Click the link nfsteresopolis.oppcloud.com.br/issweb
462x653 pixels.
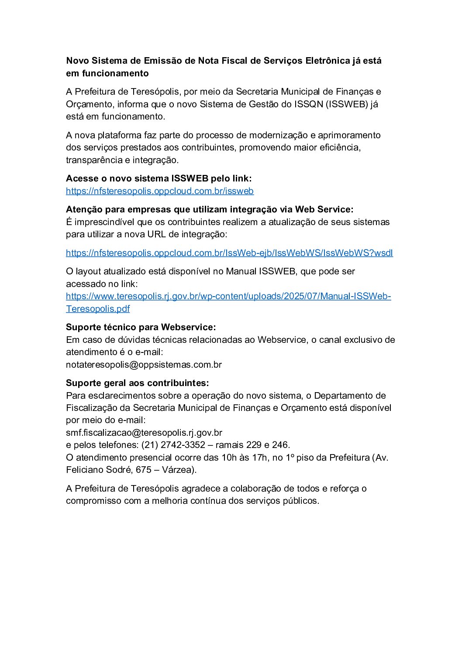tap(159, 191)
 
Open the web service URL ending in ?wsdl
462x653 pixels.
tap(229, 253)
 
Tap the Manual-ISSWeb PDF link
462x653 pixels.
tap(228, 296)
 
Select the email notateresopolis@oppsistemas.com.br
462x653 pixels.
tap(144, 365)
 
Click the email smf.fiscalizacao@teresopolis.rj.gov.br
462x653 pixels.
tap(144, 433)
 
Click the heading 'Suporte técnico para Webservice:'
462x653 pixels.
tap(141, 327)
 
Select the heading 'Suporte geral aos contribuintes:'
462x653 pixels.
tap(137, 383)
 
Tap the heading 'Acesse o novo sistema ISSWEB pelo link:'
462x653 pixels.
tap(159, 178)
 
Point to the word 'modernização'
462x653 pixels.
tap(277, 135)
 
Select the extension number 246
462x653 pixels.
tap(279, 445)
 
